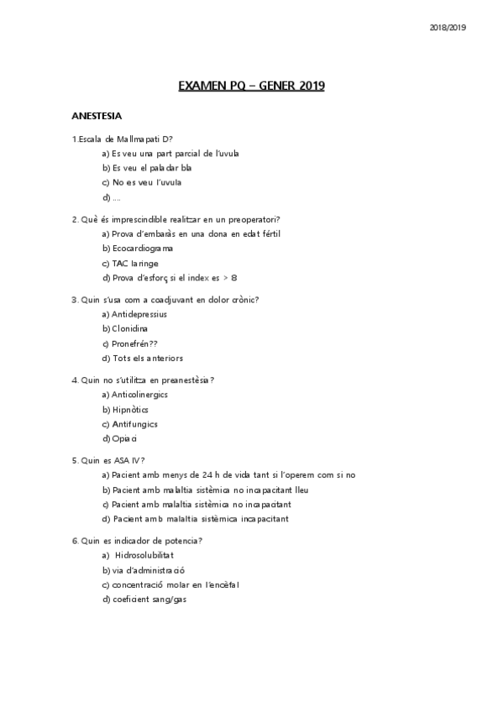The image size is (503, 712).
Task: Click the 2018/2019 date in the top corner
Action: (448, 28)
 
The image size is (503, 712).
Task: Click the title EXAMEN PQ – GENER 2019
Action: (251, 86)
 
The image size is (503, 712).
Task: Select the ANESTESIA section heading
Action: (97, 115)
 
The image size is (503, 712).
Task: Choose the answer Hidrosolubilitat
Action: (144, 555)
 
